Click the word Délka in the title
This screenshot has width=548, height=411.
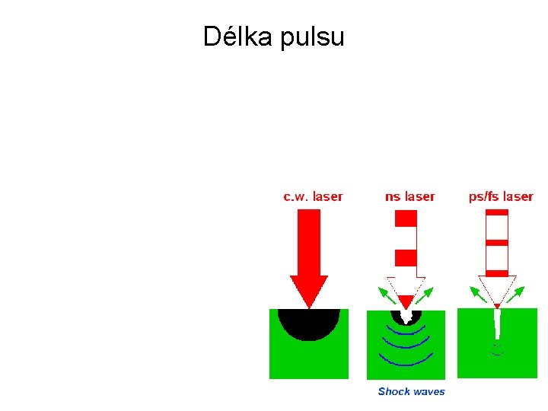238,36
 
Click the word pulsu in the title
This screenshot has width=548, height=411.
312,37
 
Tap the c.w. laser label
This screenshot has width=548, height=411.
313,196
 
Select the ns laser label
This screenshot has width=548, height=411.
409,196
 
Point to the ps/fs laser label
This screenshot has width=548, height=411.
500,196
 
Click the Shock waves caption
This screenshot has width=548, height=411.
411,391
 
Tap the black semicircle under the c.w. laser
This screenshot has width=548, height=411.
308,323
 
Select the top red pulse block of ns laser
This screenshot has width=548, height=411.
406,218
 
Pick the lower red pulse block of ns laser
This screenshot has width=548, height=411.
406,257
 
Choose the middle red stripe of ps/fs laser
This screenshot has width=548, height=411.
496,243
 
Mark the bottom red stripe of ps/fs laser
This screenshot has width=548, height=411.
496,272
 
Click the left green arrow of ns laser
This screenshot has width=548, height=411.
387,294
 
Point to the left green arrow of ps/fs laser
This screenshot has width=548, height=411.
478,293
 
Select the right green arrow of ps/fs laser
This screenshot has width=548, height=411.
518,293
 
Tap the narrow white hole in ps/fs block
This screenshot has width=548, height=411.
497,323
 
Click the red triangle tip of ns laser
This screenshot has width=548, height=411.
406,301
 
